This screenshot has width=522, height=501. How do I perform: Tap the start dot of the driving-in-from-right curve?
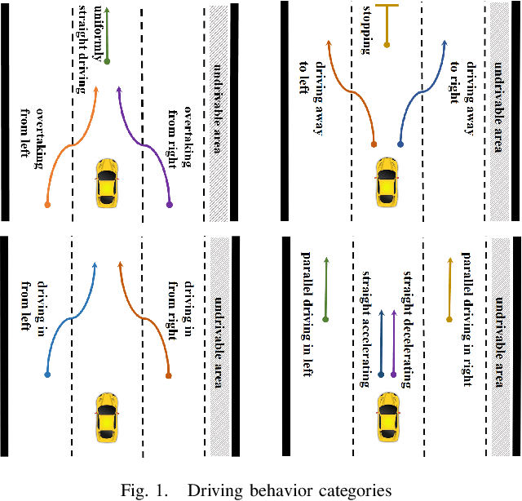point(169,375)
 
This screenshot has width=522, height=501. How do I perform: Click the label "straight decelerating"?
point(408,323)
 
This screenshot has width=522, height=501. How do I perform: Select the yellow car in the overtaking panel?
point(107,182)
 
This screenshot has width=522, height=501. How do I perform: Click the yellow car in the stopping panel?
point(387,180)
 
